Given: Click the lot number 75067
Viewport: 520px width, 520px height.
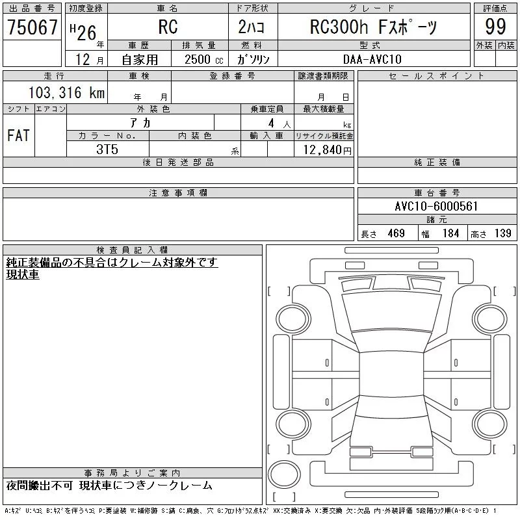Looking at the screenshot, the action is point(32,27).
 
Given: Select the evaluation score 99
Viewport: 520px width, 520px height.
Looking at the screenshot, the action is point(495,27).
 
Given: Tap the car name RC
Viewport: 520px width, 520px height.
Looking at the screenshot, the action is point(168,27).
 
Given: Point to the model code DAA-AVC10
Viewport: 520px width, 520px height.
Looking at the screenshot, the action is point(372,59).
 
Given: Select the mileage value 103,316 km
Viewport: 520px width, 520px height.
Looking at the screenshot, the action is point(66,92).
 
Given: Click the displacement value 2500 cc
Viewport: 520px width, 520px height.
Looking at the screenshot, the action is point(203,59).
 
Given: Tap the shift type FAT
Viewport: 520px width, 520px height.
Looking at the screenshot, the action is point(19,135).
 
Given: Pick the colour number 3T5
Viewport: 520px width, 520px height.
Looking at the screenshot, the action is point(107,149).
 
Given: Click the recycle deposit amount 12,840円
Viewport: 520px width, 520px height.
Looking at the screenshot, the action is point(327,150).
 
